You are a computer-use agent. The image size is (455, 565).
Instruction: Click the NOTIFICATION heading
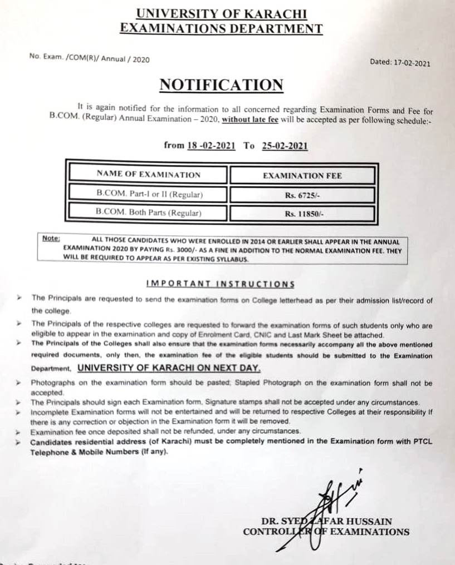[x=221, y=85]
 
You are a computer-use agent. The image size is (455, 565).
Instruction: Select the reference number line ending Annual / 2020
[x=90, y=58]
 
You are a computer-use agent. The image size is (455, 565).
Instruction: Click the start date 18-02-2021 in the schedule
[x=211, y=146]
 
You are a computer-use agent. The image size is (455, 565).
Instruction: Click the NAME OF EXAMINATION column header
[x=148, y=175]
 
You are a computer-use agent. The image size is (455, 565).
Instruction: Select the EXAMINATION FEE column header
[x=302, y=176]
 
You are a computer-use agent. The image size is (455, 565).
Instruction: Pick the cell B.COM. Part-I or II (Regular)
[x=149, y=195]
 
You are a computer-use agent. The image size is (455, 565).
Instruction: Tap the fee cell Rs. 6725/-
[x=302, y=195]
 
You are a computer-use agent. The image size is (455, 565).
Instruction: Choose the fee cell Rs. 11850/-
[x=302, y=213]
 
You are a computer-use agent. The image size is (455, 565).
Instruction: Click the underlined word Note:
[x=51, y=238]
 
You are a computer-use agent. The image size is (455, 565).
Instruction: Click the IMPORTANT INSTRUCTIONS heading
[x=220, y=284]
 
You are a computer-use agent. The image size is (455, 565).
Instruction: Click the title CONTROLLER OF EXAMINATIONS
[x=326, y=532]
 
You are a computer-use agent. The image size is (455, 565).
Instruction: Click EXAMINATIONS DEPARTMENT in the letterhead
[x=221, y=29]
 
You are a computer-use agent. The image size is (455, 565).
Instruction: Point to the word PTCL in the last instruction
[x=422, y=441]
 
